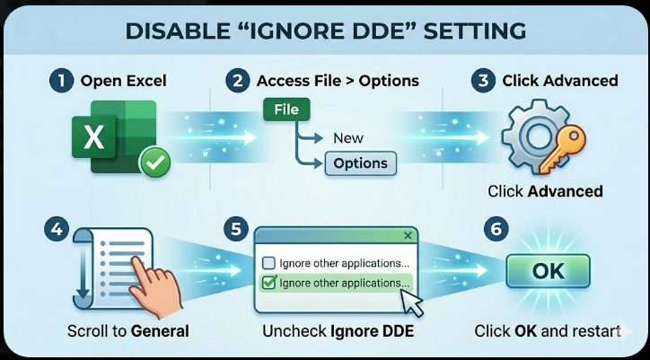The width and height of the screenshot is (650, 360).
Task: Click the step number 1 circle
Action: pos(61,81)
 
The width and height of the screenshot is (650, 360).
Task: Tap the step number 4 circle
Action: pos(57,229)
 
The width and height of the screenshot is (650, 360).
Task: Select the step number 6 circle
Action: pos(496,229)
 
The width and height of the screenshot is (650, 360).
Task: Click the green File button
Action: pos(286,110)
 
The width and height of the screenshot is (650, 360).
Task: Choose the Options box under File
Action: pos(360,163)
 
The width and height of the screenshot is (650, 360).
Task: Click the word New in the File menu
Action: pos(348,138)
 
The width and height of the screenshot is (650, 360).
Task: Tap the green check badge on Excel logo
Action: pos(154,163)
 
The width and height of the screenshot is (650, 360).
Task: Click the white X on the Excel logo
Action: pos(93,137)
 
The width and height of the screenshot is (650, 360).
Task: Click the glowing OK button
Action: pos(548,271)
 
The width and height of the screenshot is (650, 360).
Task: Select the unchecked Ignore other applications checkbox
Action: pos(269,263)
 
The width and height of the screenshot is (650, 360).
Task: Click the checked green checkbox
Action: pos(269,283)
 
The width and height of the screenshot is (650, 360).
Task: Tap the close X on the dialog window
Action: pos(408,235)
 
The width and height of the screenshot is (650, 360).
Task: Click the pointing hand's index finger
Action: pos(139,267)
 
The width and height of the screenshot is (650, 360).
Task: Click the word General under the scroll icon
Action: pos(160,331)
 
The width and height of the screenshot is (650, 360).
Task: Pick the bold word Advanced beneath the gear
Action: pos(565,191)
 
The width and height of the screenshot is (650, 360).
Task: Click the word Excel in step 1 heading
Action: pos(146,81)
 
